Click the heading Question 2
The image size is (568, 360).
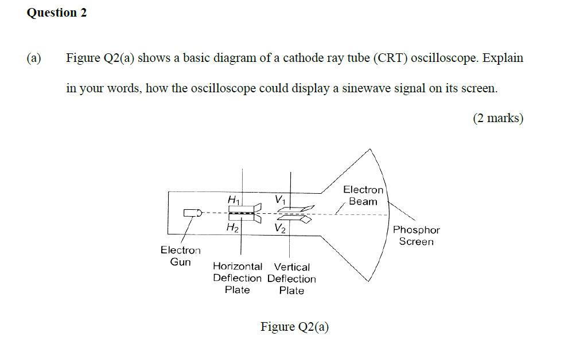pyautogui.click(x=57, y=13)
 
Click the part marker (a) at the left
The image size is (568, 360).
pyautogui.click(x=34, y=58)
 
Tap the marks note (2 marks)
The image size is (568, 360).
pyautogui.click(x=498, y=119)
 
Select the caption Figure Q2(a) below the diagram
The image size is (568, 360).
pyautogui.click(x=295, y=327)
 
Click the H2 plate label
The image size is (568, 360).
pyautogui.click(x=232, y=228)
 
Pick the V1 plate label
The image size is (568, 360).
pyautogui.click(x=280, y=200)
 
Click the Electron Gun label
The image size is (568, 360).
pyautogui.click(x=181, y=256)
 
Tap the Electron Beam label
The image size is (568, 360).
pyautogui.click(x=363, y=195)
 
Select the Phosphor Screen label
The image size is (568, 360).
pyautogui.click(x=417, y=236)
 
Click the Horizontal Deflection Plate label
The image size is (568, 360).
pyautogui.click(x=238, y=279)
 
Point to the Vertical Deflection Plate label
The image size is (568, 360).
pyautogui.click(x=291, y=279)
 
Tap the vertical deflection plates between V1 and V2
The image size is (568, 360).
pyautogui.click(x=294, y=214)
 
